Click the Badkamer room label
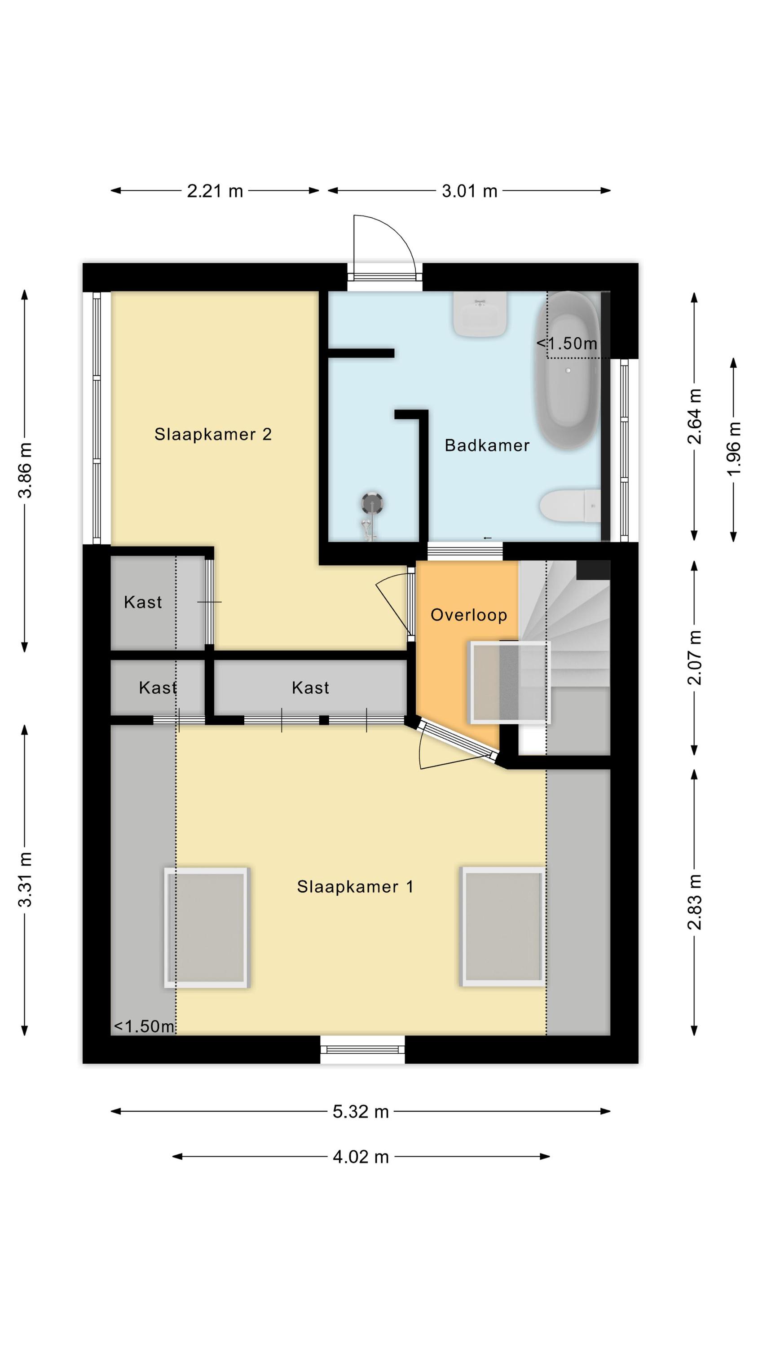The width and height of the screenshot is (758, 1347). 486,445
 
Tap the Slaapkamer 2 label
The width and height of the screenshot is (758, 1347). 213,434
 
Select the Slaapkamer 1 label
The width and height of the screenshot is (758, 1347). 355,886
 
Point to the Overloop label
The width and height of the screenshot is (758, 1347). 469,615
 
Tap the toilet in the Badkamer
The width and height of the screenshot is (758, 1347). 570,506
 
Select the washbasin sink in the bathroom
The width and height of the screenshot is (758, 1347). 480,313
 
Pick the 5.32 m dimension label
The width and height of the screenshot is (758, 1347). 361,1112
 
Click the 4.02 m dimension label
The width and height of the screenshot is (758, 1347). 361,1157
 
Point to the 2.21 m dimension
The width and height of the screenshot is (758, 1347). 215,191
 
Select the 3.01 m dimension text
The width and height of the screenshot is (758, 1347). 469,191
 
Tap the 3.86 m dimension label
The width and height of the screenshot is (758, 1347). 25,470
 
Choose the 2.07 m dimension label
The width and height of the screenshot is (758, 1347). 695,657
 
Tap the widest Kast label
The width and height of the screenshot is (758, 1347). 311,687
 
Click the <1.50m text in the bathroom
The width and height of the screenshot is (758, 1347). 567,343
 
